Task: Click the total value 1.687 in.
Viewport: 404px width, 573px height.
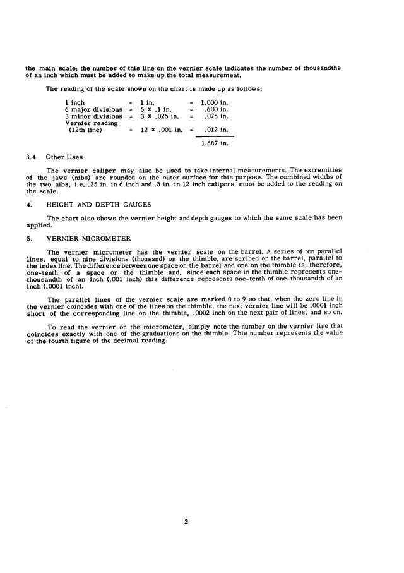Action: click(214, 144)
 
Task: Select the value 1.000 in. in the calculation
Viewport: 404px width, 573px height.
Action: click(214, 102)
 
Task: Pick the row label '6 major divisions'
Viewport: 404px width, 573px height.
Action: click(93, 109)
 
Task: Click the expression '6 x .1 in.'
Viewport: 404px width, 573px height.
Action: click(155, 109)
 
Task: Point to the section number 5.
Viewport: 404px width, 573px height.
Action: click(28, 239)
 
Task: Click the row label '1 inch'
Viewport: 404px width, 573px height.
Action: click(75, 102)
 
